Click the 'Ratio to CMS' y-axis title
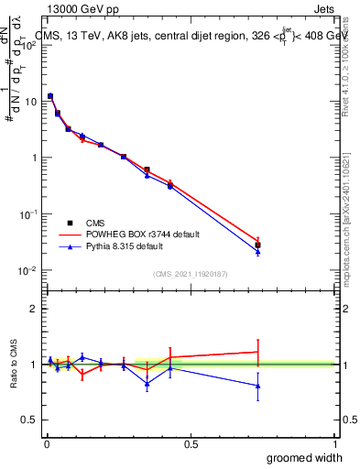15,364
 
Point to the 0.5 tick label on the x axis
191,442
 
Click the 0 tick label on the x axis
46,442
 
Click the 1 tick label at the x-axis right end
334,442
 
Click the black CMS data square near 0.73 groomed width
257,245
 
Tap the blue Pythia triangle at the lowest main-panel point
257,252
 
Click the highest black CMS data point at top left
50,96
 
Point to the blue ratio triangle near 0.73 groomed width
257,386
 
